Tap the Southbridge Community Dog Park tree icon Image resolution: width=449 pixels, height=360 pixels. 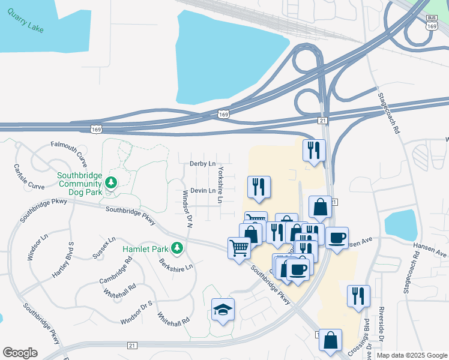tap(110, 182)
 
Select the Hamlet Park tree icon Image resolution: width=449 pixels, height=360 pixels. tap(176, 248)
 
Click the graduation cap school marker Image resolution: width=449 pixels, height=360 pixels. tap(223, 310)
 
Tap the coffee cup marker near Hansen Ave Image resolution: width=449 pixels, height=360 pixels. tap(337, 238)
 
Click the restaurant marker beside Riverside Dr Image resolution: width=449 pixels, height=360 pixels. tap(358, 296)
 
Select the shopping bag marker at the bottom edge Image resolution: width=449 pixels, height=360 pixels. tap(330, 340)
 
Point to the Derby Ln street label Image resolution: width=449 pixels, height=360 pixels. tap(202, 163)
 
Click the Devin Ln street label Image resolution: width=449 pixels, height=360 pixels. tap(202, 190)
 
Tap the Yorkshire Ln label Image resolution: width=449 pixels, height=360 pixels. tap(220, 184)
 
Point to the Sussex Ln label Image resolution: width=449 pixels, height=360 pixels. tap(104, 247)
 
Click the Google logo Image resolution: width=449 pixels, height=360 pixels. tap(20, 353)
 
